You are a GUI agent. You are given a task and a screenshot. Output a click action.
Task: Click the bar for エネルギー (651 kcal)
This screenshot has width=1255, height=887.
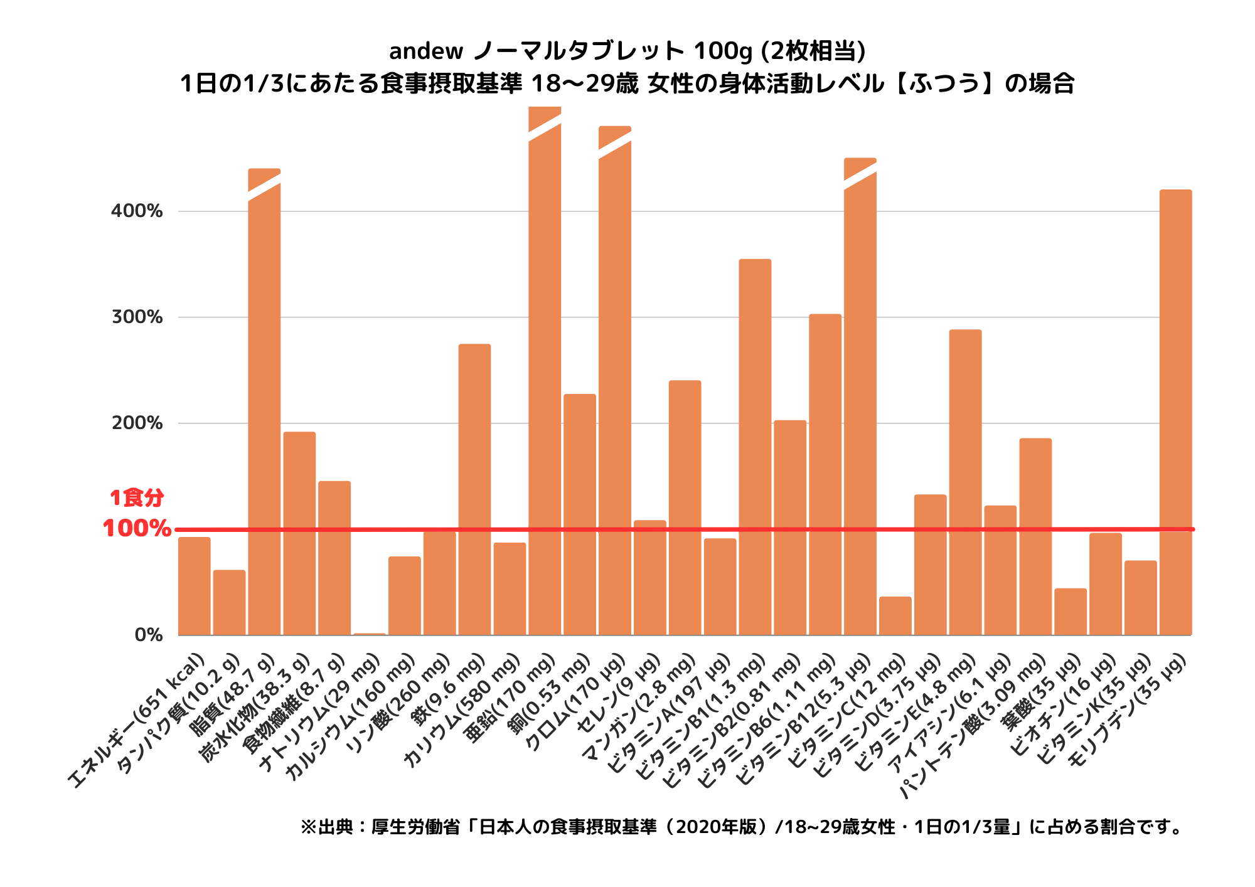point(195,586)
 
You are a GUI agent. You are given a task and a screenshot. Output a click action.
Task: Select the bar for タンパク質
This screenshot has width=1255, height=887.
point(230,602)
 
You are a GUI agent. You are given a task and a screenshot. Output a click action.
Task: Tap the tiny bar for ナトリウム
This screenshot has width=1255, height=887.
point(370,634)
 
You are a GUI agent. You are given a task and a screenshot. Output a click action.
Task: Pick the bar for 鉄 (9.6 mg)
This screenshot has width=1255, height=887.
point(474,489)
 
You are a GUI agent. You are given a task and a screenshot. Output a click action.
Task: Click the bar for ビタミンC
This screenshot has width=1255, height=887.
point(895,615)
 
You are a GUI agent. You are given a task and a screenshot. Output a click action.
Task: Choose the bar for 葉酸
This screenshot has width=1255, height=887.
point(1071,612)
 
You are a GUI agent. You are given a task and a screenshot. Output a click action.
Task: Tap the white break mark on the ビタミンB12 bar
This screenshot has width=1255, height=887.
point(860,176)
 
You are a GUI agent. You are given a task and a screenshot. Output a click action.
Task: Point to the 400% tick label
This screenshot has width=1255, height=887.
point(137,211)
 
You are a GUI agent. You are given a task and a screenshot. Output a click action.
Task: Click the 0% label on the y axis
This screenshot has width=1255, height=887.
point(149,635)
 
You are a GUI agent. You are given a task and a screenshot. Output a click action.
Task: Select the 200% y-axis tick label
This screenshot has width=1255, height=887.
point(137,423)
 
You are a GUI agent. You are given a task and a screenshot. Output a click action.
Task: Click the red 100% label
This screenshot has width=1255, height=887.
point(137,529)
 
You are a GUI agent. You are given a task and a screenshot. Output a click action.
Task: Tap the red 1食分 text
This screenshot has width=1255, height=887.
point(137,498)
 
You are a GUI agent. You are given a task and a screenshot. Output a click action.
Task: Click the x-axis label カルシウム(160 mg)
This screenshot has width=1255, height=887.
point(351,715)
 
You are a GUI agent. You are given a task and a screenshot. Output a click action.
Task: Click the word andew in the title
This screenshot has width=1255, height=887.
point(426,51)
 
